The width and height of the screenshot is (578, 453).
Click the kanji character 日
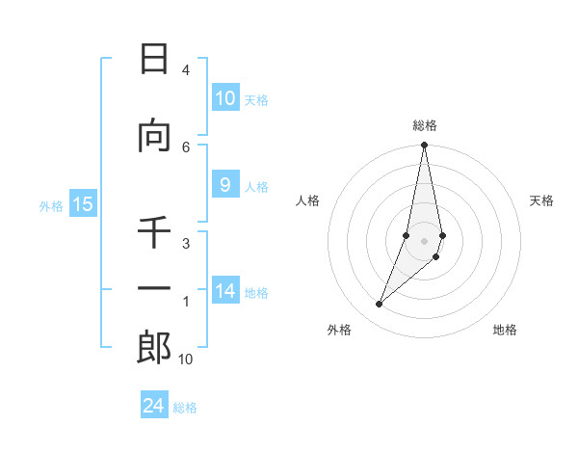(154, 60)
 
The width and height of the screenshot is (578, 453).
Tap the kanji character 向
(154, 138)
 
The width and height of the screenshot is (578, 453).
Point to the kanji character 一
(154, 289)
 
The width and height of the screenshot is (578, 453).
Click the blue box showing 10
(225, 98)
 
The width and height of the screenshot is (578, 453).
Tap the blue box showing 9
(225, 185)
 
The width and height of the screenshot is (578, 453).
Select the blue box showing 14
(225, 291)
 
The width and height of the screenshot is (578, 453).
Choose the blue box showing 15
(83, 204)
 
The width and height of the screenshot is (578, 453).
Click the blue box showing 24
(154, 406)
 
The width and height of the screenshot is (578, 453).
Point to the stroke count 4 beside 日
(185, 70)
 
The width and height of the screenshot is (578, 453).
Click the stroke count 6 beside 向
(185, 147)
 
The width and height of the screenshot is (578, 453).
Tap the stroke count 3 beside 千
(185, 244)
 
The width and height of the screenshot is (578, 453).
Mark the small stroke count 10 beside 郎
(185, 360)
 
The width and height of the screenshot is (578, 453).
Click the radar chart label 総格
(424, 125)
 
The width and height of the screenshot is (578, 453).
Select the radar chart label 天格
(541, 200)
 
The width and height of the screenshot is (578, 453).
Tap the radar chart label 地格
(505, 330)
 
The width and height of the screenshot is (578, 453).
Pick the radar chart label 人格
(307, 200)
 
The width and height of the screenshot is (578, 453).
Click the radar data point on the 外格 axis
(379, 305)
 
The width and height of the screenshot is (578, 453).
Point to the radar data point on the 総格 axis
(424, 146)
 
